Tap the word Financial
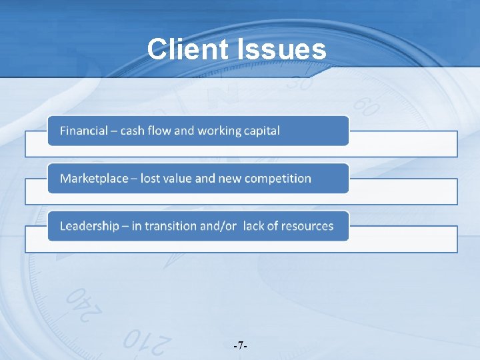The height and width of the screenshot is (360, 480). coord(83,131)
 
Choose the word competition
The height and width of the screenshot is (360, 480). coord(279,179)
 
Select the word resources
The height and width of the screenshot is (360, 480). coord(307,226)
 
